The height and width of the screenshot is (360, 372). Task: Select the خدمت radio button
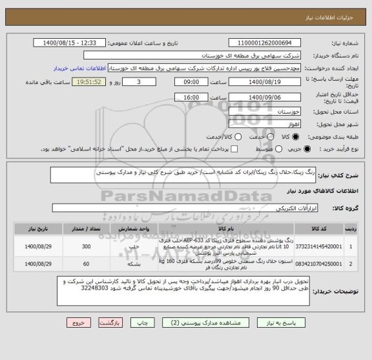(x=268, y=137)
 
